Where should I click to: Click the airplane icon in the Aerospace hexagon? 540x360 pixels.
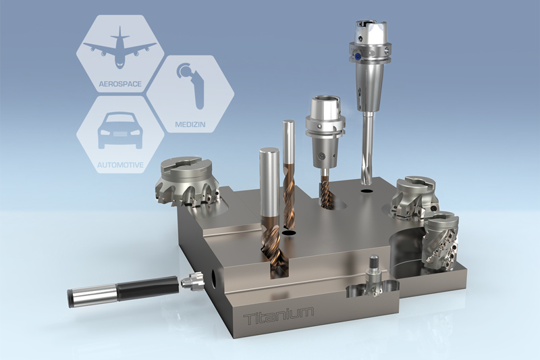(x=120, y=47)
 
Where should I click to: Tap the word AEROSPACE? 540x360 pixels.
(x=120, y=84)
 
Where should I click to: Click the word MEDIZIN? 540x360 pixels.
(x=190, y=124)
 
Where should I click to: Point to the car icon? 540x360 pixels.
(x=120, y=131)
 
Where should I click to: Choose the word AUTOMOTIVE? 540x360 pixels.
(x=120, y=165)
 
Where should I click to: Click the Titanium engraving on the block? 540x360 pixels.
(x=278, y=315)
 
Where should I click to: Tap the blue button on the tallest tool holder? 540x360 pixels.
(x=358, y=56)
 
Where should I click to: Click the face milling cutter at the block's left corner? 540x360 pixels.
(x=187, y=182)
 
